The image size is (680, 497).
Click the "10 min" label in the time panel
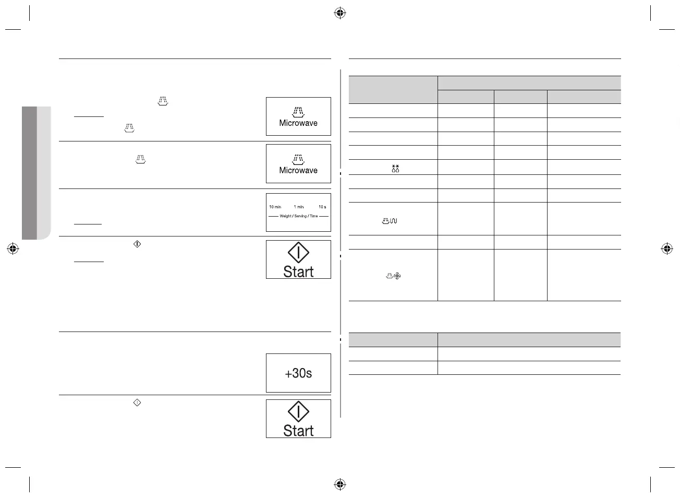[275, 207]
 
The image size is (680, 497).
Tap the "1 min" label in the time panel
[299, 207]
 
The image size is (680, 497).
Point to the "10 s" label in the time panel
[322, 207]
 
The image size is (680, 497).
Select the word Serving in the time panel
[300, 216]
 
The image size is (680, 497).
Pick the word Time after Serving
[313, 216]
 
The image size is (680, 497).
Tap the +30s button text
[298, 373]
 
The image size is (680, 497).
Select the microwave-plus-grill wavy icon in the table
[390, 221]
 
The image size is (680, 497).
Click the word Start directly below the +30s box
[298, 431]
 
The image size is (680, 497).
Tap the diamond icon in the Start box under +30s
[298, 411]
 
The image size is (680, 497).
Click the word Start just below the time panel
[298, 271]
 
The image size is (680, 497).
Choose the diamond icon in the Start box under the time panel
[298, 253]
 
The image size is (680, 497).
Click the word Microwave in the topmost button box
[298, 123]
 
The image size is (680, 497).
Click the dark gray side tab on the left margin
[29, 172]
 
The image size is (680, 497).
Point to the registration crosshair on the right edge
[666, 249]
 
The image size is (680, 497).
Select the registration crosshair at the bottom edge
[339, 484]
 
